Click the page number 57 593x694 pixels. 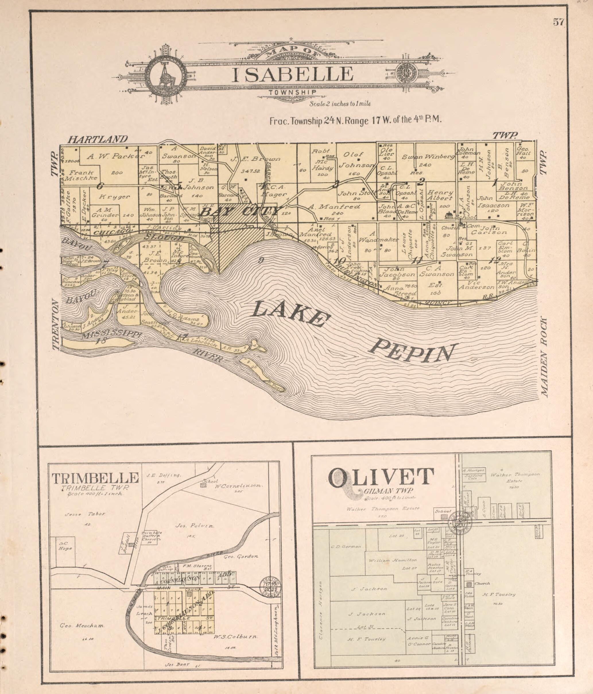click(x=559, y=22)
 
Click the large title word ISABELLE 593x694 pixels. click(x=292, y=74)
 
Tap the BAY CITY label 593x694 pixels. click(x=240, y=212)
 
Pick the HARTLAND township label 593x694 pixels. click(x=98, y=139)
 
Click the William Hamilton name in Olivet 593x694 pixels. click(x=393, y=560)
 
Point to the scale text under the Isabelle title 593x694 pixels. click(x=340, y=104)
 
